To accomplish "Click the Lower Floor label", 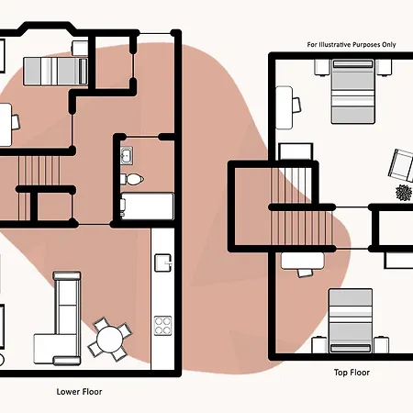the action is click(79, 392).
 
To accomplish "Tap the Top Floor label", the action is click(352, 373).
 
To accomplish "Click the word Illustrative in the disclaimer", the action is click(335, 45).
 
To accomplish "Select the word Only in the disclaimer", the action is click(388, 45).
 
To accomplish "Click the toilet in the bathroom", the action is click(132, 179).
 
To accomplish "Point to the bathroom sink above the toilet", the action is click(127, 156).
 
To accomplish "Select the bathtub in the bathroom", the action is click(147, 206).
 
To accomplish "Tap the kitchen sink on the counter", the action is click(163, 262).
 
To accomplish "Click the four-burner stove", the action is click(162, 326).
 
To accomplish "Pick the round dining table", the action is click(110, 339).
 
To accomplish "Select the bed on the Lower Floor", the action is click(56, 72).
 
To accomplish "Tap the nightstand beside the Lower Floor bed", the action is click(80, 49).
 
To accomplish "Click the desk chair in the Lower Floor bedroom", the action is click(15, 122).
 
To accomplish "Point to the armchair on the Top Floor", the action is click(401, 165).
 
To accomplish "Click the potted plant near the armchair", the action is click(404, 193).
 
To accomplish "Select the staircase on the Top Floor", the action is click(301, 206).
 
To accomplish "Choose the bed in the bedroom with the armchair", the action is click(353, 92).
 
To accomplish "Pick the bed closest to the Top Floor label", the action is click(351, 321).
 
